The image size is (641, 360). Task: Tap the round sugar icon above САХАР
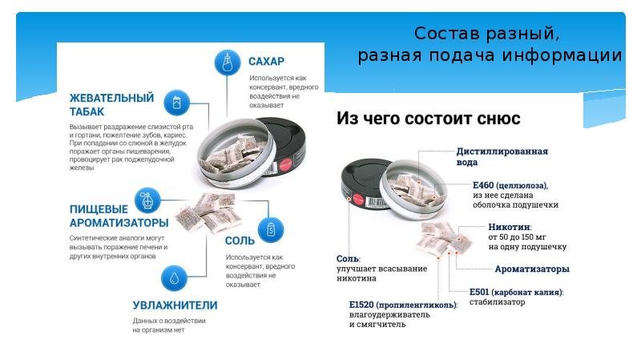[x=227, y=62]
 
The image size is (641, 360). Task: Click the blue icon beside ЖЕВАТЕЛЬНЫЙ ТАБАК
[x=176, y=102]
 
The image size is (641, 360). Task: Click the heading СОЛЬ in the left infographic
[x=240, y=240]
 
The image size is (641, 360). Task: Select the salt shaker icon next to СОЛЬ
[x=271, y=230]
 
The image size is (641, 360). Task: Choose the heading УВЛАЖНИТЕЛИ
[x=175, y=304]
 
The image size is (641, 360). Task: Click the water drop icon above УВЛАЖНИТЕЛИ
[x=172, y=277]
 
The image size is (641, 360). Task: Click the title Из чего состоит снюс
[x=429, y=119]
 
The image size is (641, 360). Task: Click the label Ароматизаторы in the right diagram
[x=531, y=269]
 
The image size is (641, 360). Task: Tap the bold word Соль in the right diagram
[x=348, y=259]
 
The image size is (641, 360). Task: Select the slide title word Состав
[x=443, y=34]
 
